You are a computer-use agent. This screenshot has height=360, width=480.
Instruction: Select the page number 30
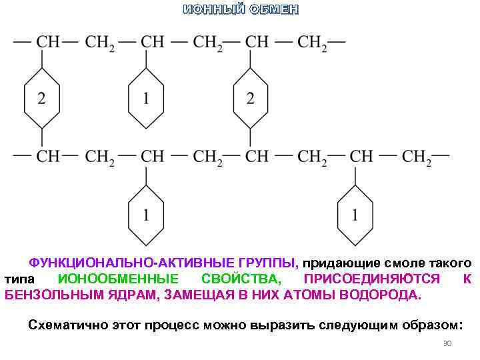click(x=447, y=343)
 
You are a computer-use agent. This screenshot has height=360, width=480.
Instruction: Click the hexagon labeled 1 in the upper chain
click(x=146, y=98)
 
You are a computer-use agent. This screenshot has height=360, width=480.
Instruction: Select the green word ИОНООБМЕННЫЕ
click(x=118, y=279)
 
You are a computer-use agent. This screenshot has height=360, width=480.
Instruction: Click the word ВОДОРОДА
click(x=381, y=295)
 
